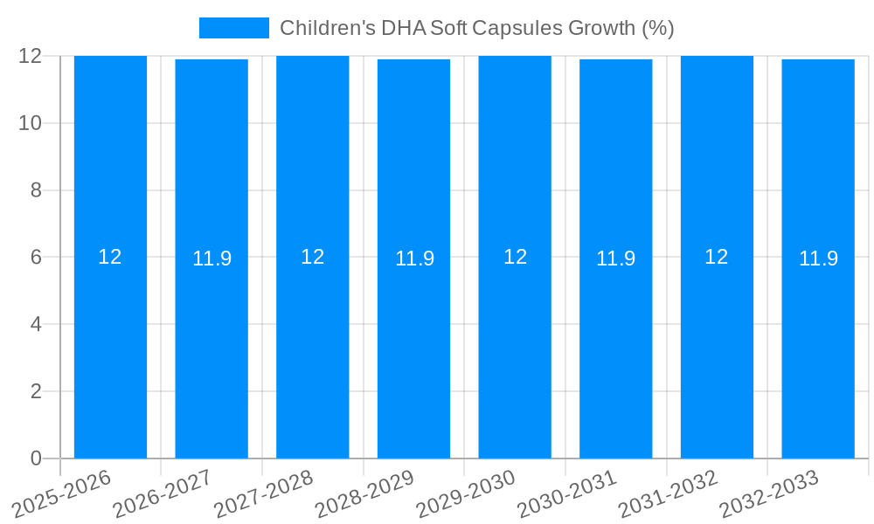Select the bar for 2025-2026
tap(110, 349)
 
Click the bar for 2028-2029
tap(413, 349)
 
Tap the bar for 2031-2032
tap(717, 349)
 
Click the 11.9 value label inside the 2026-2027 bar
tap(212, 259)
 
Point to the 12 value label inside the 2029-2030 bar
tap(515, 257)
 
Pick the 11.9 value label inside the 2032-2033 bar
tap(818, 259)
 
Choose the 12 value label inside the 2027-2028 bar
tap(312, 257)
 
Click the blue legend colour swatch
tap(233, 28)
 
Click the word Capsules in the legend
tap(518, 28)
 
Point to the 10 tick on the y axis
tap(31, 123)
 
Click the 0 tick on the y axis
tap(36, 458)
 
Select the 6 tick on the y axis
tap(36, 258)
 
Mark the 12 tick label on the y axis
tap(31, 56)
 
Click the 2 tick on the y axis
tap(36, 391)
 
